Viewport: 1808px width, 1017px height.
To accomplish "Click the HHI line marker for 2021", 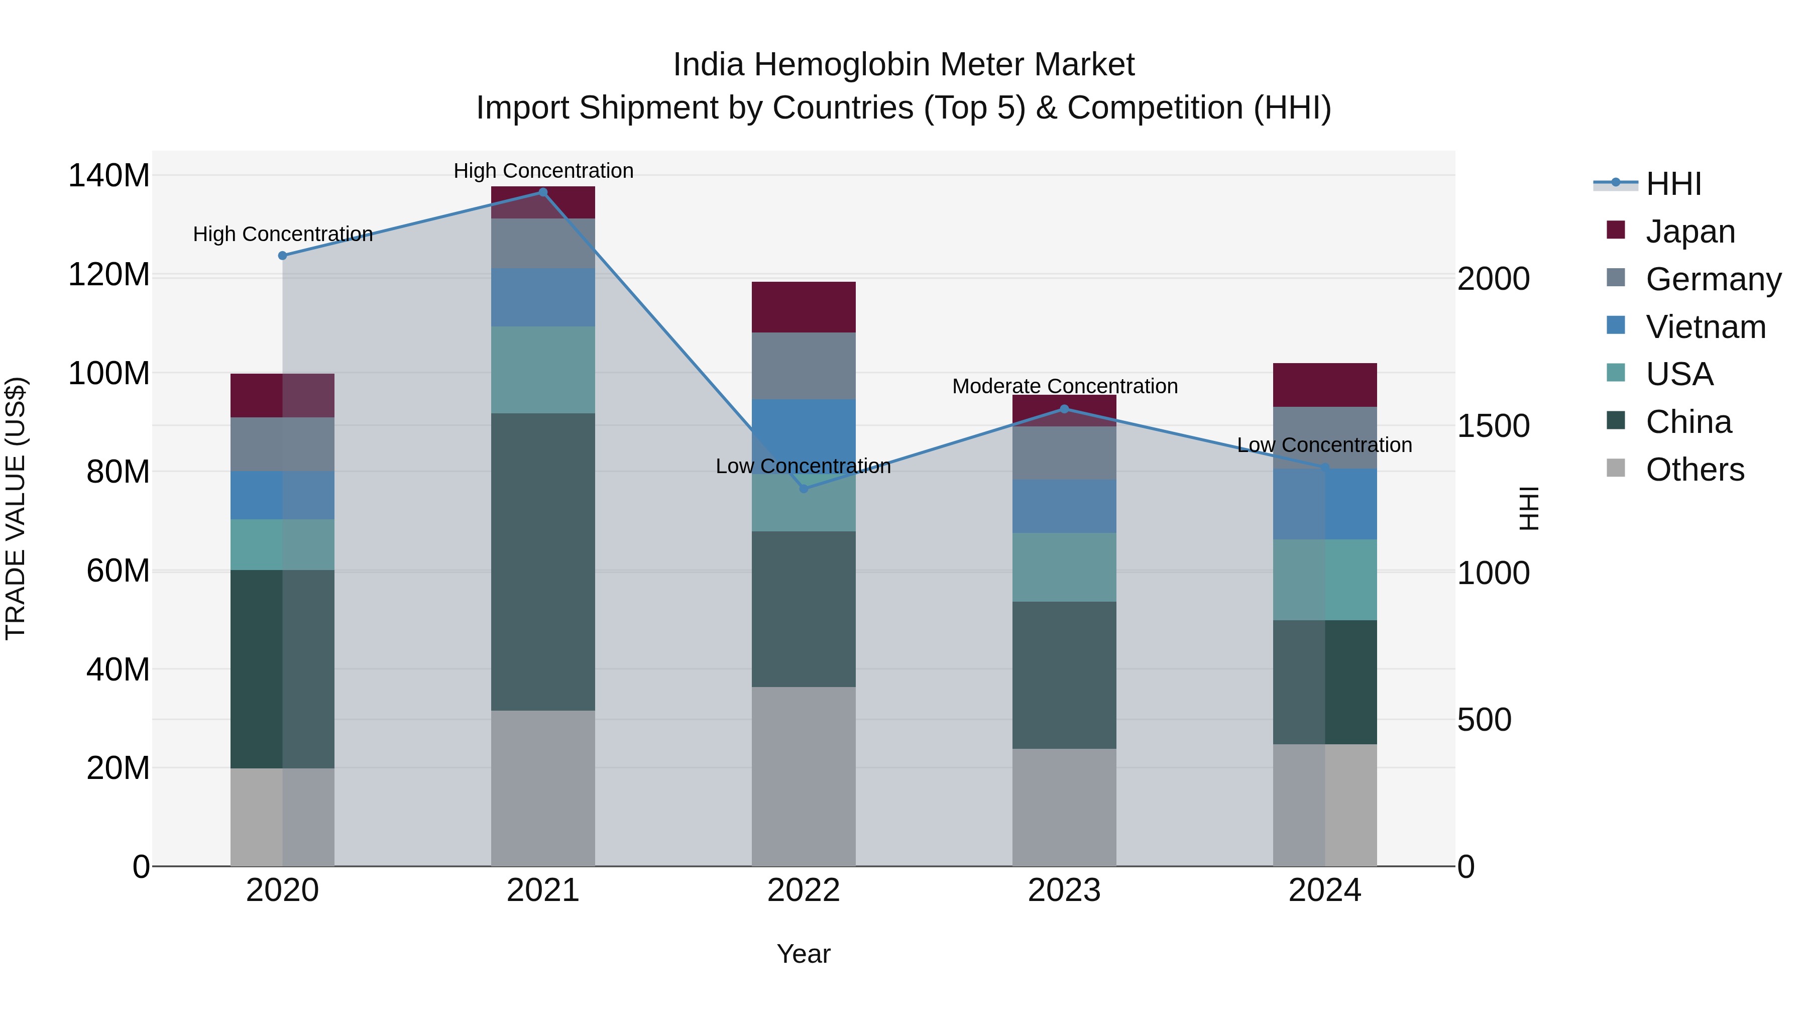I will pos(542,192).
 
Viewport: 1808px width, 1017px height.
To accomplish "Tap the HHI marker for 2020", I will pos(282,256).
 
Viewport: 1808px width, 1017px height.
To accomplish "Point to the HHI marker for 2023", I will pos(1064,409).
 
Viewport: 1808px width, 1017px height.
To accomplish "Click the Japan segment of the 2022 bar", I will pos(804,307).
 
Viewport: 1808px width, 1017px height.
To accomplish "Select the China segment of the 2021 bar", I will pos(542,561).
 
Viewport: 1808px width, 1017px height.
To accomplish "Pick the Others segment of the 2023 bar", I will pos(1064,807).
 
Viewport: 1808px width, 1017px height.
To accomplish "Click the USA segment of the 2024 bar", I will pos(1324,580).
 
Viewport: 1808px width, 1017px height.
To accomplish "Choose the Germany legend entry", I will pos(1713,279).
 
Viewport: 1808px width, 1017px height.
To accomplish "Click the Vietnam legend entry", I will pos(1706,327).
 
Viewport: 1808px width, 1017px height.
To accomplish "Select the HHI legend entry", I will pos(1673,184).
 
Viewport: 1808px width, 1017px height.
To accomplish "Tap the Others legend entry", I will pos(1694,470).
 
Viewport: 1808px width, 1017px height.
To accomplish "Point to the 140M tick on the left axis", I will pos(109,175).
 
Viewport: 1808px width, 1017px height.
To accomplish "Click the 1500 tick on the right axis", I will pos(1494,426).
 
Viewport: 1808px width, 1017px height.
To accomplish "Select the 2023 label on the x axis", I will pos(1064,890).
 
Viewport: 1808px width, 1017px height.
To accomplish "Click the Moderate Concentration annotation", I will pos(1065,386).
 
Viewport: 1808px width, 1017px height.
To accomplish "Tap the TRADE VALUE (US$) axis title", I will pos(16,508).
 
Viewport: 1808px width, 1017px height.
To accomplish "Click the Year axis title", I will pos(804,954).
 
